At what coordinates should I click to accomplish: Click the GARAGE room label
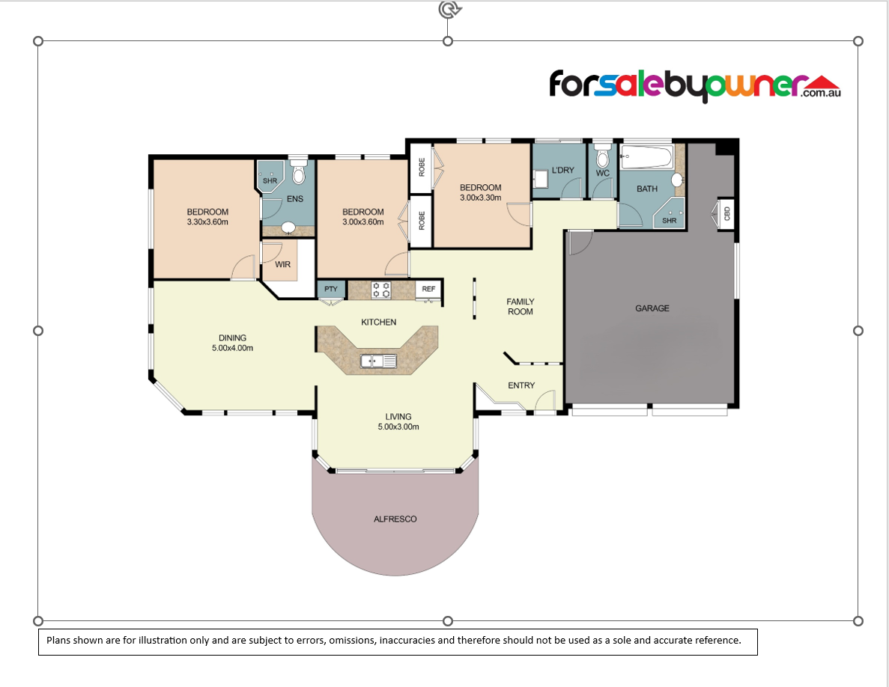click(x=652, y=308)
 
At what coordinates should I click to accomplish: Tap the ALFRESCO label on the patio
click(x=395, y=519)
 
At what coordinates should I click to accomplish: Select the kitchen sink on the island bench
click(x=378, y=361)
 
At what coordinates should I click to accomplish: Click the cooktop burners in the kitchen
click(x=380, y=290)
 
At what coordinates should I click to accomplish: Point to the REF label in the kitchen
click(x=428, y=289)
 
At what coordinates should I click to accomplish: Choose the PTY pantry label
click(x=330, y=289)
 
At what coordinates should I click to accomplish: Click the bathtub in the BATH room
click(x=647, y=157)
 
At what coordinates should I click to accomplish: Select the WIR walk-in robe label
click(x=283, y=264)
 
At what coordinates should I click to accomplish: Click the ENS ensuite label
click(x=295, y=199)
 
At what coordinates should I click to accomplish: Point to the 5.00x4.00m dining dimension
click(x=232, y=348)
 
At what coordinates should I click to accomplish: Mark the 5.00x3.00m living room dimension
click(x=398, y=427)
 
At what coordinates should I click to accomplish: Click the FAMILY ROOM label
click(x=521, y=306)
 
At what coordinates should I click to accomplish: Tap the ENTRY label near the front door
click(x=521, y=385)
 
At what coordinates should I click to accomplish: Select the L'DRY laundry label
click(x=563, y=170)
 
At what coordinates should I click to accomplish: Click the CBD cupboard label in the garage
click(x=726, y=213)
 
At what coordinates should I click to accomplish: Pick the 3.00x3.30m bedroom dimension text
click(x=481, y=198)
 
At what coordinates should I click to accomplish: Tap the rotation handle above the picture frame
click(x=450, y=9)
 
